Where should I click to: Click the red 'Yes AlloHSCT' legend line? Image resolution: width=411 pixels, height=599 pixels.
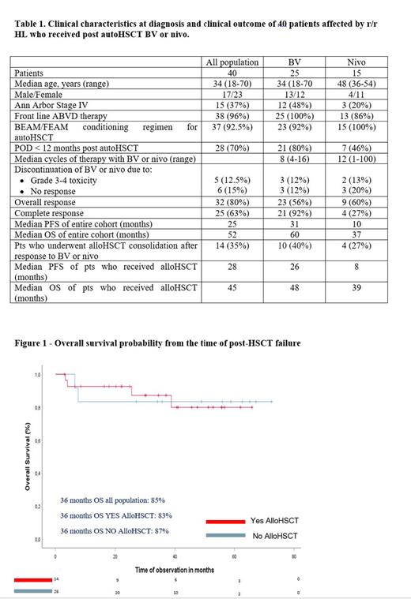tap(225, 521)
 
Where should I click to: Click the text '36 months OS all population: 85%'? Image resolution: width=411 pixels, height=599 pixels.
tap(112, 500)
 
